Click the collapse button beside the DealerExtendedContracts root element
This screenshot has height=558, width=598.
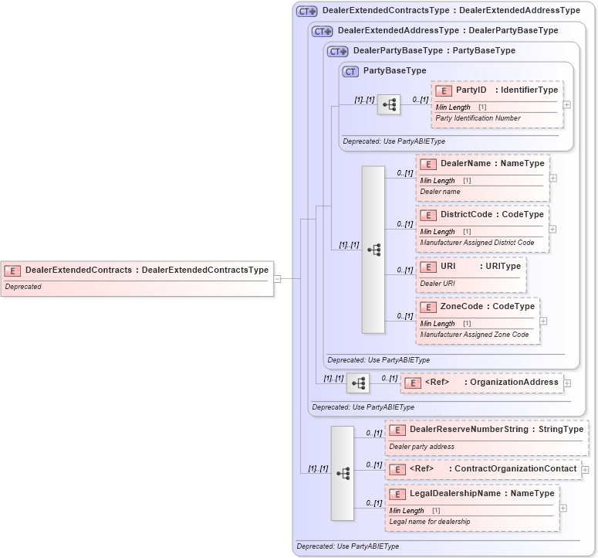pyautogui.click(x=277, y=279)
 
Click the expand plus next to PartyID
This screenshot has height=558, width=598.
pyautogui.click(x=567, y=104)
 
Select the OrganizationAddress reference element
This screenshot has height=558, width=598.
pyautogui.click(x=482, y=382)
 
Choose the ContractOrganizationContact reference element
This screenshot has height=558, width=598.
pyautogui.click(x=482, y=468)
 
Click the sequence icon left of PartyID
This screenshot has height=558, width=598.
pyautogui.click(x=388, y=104)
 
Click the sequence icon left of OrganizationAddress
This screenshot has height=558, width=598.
pyautogui.click(x=357, y=383)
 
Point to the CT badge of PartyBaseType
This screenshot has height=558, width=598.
pyautogui.click(x=351, y=71)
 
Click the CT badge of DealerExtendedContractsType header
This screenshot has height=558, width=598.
pyautogui.click(x=307, y=12)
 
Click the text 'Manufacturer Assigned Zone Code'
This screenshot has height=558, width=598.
pyautogui.click(x=474, y=335)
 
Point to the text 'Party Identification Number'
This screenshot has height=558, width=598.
pyautogui.click(x=478, y=118)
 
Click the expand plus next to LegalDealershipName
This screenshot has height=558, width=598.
pyautogui.click(x=563, y=508)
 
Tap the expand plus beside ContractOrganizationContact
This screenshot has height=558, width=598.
pyautogui.click(x=585, y=469)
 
